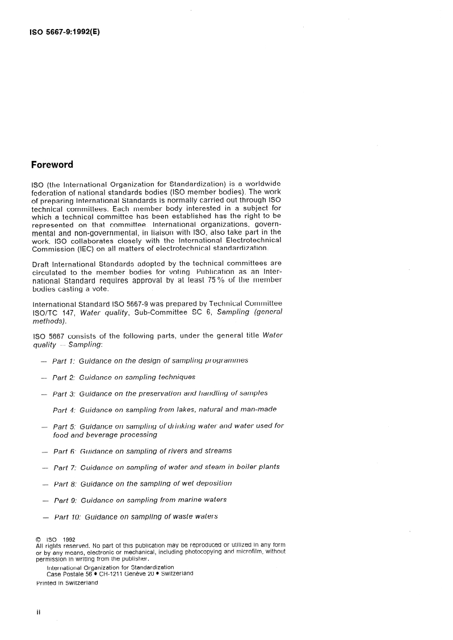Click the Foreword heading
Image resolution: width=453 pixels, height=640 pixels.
[x=52, y=165]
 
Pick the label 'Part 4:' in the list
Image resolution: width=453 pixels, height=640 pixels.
[x=64, y=409]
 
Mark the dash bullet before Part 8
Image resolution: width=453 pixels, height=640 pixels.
[x=45, y=484]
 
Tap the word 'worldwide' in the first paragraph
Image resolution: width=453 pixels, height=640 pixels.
[x=262, y=184]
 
